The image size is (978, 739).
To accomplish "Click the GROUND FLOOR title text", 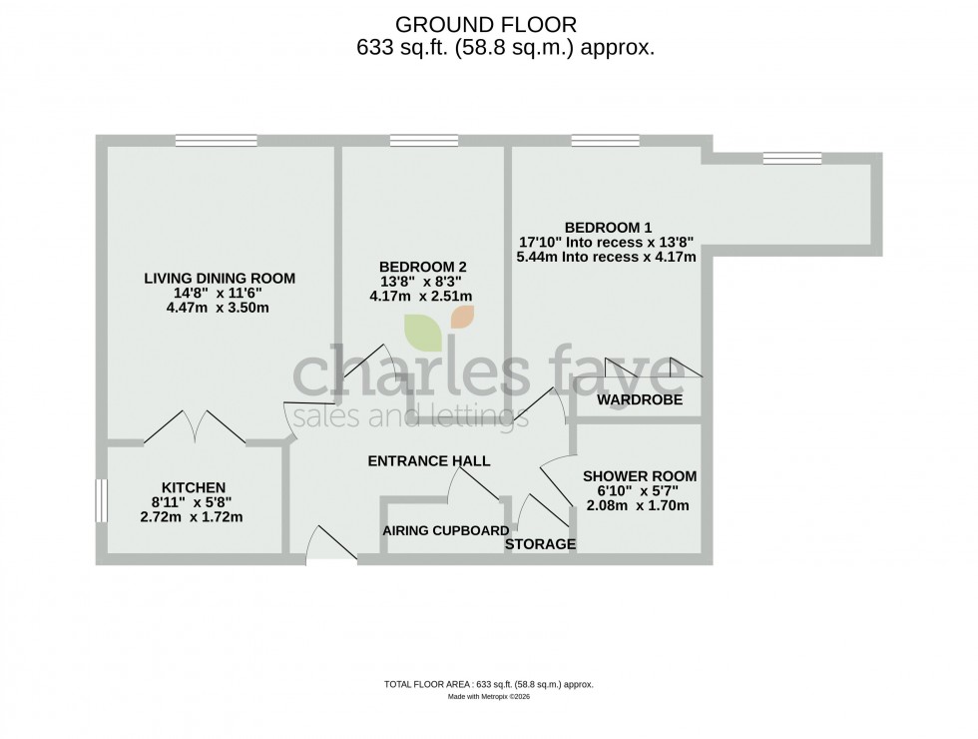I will [487, 23].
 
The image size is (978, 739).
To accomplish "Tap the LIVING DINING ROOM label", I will [221, 278].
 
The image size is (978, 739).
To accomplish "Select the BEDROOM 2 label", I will [422, 266].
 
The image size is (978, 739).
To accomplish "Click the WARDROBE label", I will [639, 399].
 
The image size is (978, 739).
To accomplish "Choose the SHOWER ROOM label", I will [640, 475].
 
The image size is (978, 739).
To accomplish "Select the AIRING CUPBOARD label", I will [446, 530].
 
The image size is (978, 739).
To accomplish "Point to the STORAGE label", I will [540, 544].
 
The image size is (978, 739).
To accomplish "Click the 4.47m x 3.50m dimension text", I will [220, 308].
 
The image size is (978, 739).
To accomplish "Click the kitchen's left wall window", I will [101, 500].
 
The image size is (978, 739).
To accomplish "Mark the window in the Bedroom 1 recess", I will [791, 157].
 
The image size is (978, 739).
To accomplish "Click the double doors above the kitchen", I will [196, 427].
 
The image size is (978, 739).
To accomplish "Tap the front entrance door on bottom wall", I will [329, 545].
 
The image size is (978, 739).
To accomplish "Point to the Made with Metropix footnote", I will [488, 696].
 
